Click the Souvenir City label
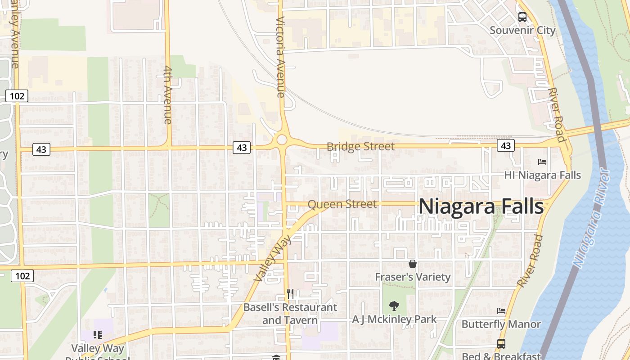pyautogui.click(x=522, y=31)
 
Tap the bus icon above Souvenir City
pyautogui.click(x=522, y=17)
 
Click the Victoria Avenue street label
pyautogui.click(x=281, y=57)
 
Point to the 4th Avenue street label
pyautogui.click(x=168, y=95)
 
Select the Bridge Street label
pyautogui.click(x=360, y=147)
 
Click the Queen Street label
pyautogui.click(x=342, y=204)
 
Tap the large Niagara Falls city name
pyautogui.click(x=481, y=207)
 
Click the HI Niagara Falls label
pyautogui.click(x=542, y=175)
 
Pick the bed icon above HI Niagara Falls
pyautogui.click(x=542, y=162)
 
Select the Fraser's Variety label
pyautogui.click(x=413, y=277)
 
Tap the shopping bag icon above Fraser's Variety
pyautogui.click(x=413, y=264)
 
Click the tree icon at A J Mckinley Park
pyautogui.click(x=394, y=306)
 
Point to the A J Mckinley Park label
pyautogui.click(x=394, y=319)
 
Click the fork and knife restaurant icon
pyautogui.click(x=290, y=294)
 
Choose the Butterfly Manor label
pyautogui.click(x=501, y=324)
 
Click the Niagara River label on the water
pyautogui.click(x=591, y=218)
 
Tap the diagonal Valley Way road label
pyautogui.click(x=272, y=258)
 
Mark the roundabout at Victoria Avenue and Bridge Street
pyautogui.click(x=282, y=139)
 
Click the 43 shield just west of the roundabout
pyautogui.click(x=242, y=147)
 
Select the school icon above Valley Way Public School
pyautogui.click(x=98, y=335)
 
